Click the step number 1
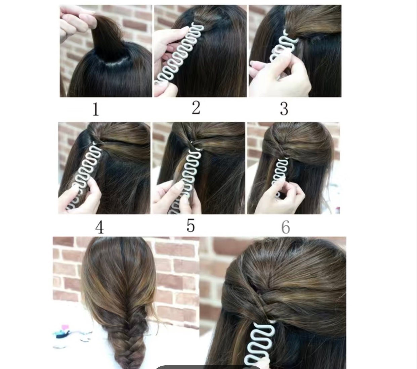[96, 109]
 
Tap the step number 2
[196, 108]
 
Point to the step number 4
[99, 227]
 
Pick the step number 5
[191, 225]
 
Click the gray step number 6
[285, 227]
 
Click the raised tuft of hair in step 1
[101, 37]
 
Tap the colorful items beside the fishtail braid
[64, 331]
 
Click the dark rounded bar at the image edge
[208, 367]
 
